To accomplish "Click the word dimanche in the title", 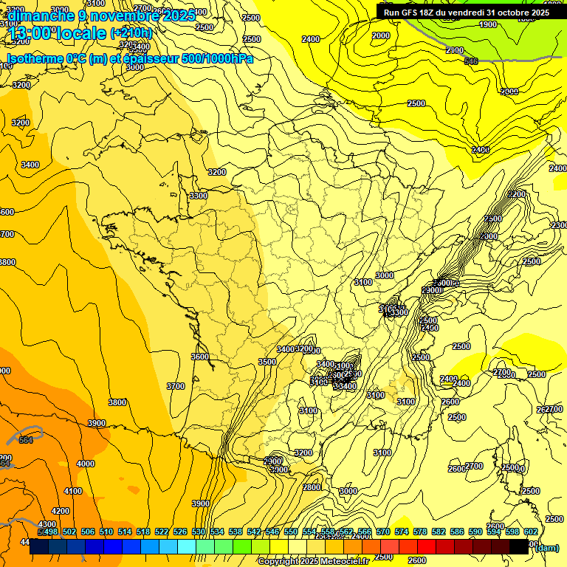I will point(41,15).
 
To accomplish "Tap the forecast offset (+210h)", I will point(131,32).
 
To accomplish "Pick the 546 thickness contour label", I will point(471,61).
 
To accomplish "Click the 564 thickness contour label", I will point(26,440).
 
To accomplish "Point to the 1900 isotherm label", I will point(488,24).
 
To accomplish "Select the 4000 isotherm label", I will point(86,464).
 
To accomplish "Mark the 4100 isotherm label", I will point(72,491).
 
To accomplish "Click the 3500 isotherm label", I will point(267,362).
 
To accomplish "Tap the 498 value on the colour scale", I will point(51,532).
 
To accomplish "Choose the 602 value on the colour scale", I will point(531,532).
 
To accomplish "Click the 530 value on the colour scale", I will point(199,532).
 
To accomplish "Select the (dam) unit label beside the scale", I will point(546,547).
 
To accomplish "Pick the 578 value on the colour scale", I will point(420,532).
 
